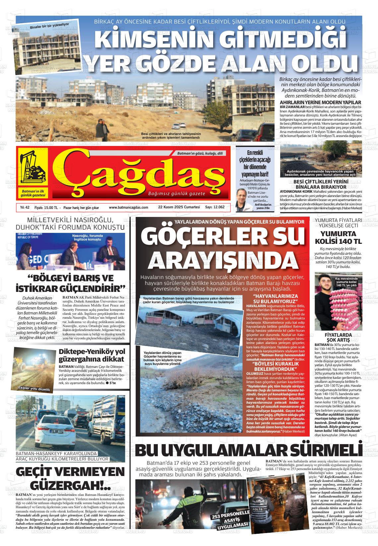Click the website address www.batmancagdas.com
tap(128, 207)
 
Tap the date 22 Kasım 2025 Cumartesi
tap(179, 207)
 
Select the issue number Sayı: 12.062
tap(215, 207)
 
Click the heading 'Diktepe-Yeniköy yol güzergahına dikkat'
tap(92, 355)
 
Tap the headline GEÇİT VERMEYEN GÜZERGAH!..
tap(70, 479)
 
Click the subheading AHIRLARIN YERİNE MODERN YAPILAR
tap(320, 102)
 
